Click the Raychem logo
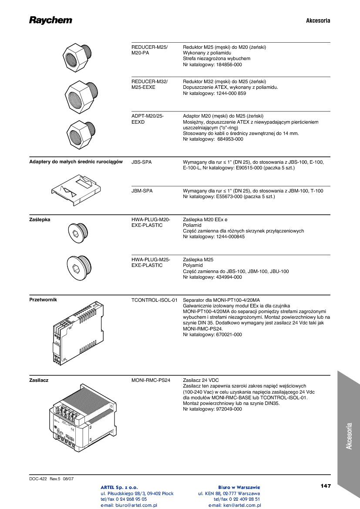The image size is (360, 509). tap(50, 20)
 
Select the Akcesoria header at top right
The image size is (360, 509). tap(318, 20)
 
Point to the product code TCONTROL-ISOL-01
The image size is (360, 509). tap(155, 300)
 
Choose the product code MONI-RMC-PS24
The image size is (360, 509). tap(151, 380)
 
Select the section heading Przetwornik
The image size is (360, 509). tap(43, 300)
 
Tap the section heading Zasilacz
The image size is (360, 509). tap(39, 380)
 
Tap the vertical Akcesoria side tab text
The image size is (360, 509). tap(349, 436)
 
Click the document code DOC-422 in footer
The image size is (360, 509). tap(38, 479)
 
